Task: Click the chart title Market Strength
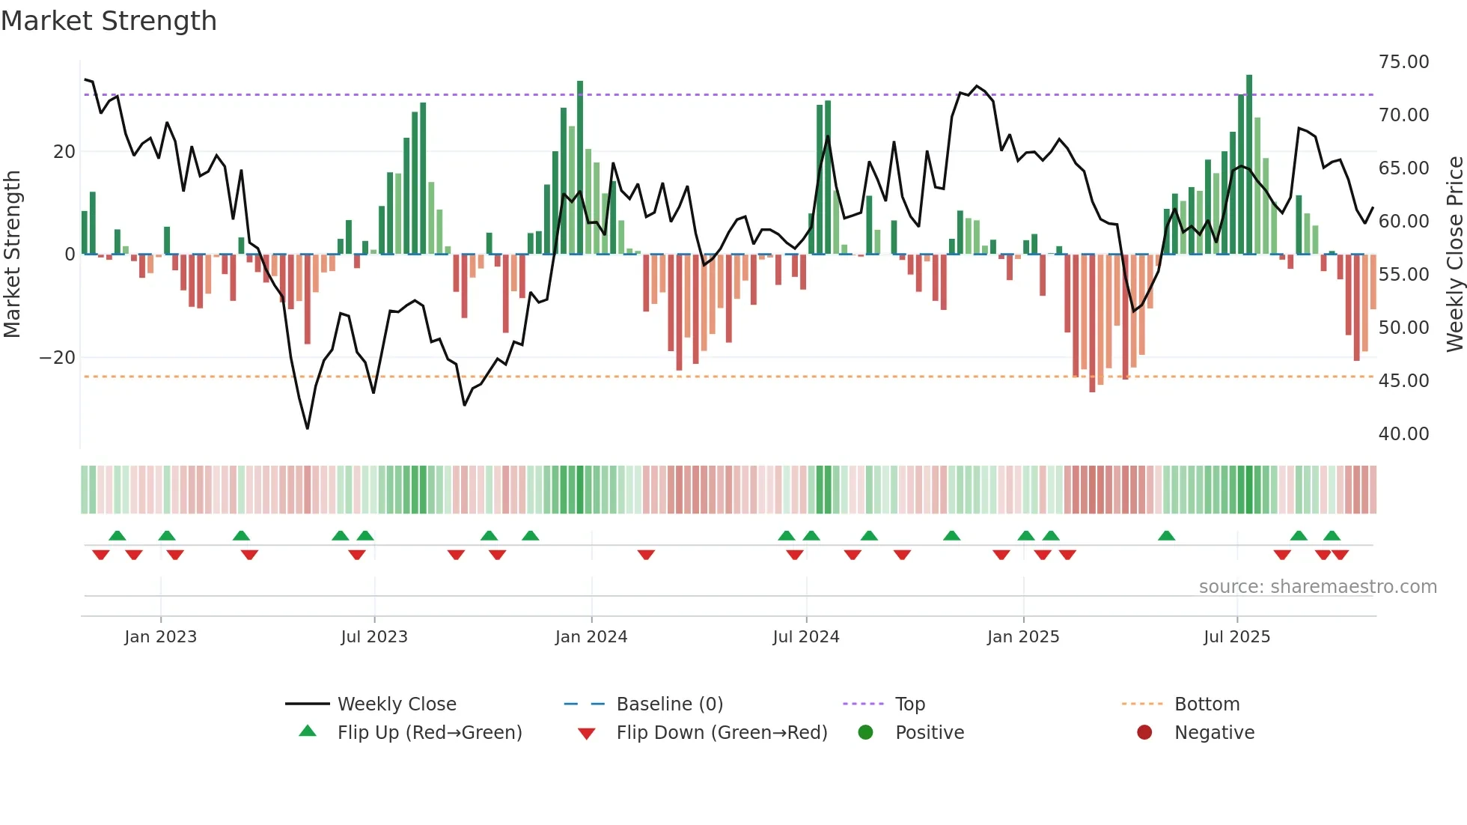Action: click(109, 21)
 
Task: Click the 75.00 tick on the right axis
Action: click(1403, 61)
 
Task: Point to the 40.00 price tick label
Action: click(1403, 433)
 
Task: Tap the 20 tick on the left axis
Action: click(64, 151)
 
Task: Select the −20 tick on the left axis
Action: click(58, 357)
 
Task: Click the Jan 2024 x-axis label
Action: click(591, 636)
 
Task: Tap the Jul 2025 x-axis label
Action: click(1236, 636)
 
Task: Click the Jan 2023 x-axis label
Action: click(160, 636)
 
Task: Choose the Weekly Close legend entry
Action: click(396, 704)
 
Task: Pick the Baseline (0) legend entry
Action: click(669, 704)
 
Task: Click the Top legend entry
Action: click(909, 704)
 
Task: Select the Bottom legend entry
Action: click(1207, 704)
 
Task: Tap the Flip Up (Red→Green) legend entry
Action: click(429, 732)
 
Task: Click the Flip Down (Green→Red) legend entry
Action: click(722, 732)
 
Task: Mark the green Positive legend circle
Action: click(865, 732)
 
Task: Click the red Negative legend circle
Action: click(1144, 732)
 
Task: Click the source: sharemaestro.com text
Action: click(1317, 586)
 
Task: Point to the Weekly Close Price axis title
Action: click(1454, 254)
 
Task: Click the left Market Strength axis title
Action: click(12, 254)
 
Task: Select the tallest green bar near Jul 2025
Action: click(1248, 165)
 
